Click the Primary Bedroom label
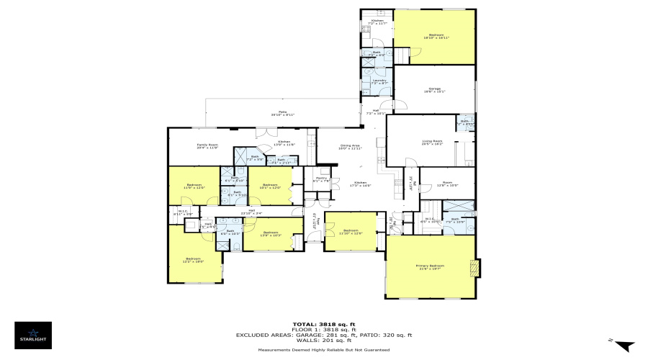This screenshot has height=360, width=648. click(430, 267)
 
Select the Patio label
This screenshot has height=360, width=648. click(284, 114)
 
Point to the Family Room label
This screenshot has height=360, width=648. click(207, 146)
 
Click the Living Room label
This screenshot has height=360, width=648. click(431, 143)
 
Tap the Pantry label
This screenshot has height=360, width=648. click(321, 179)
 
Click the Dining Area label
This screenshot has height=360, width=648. click(350, 147)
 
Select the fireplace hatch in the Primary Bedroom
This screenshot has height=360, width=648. click(473, 267)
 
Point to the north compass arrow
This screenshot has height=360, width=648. click(625, 346)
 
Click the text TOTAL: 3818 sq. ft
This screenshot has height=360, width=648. click(324, 324)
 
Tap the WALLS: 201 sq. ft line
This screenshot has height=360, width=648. click(324, 341)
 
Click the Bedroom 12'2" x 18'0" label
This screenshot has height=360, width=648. click(193, 260)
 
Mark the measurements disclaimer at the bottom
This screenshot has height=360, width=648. click(324, 350)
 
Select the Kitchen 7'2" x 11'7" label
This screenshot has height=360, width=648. click(377, 22)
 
